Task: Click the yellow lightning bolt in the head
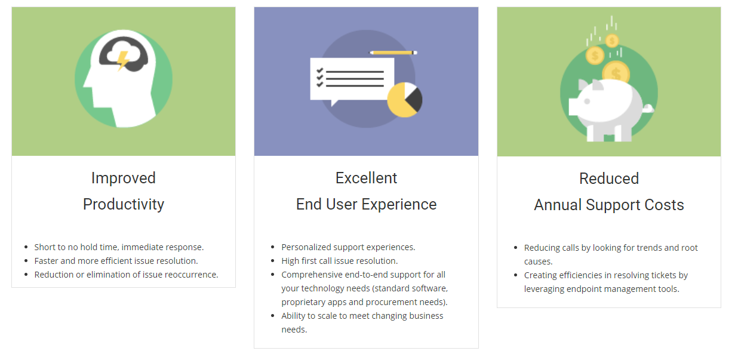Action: click(122, 60)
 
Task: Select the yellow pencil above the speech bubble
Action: click(393, 53)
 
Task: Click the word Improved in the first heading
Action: click(124, 178)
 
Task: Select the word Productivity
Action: click(124, 204)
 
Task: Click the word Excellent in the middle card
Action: click(366, 178)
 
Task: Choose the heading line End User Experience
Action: click(366, 204)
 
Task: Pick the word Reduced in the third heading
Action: click(609, 179)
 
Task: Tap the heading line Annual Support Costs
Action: click(609, 205)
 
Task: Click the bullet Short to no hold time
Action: click(119, 247)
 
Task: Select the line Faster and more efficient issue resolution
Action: click(116, 261)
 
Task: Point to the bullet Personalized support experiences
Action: click(348, 247)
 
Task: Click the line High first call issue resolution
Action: click(339, 261)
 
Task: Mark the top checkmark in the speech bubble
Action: click(320, 70)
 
